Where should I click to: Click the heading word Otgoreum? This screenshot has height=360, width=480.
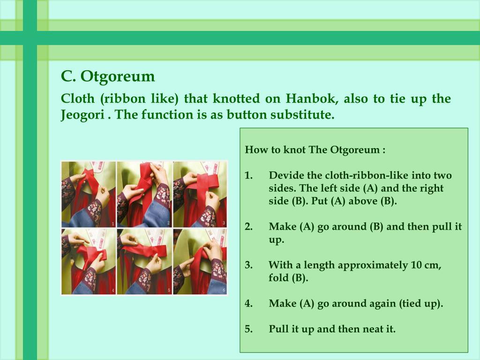[118, 77]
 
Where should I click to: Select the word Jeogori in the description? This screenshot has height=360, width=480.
[82, 115]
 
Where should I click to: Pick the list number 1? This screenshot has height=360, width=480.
[248, 175]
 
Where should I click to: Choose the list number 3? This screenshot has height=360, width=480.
[248, 265]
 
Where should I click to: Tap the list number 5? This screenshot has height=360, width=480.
[248, 329]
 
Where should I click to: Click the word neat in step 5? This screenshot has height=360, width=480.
[373, 329]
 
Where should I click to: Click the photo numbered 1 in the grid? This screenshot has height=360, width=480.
[89, 195]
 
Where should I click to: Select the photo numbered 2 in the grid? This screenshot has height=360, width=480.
[144, 195]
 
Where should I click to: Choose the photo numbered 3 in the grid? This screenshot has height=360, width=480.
[200, 195]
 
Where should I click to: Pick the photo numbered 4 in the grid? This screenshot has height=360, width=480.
[89, 262]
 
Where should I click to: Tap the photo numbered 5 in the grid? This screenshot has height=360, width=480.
[144, 262]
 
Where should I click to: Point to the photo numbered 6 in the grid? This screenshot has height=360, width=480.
[200, 262]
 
